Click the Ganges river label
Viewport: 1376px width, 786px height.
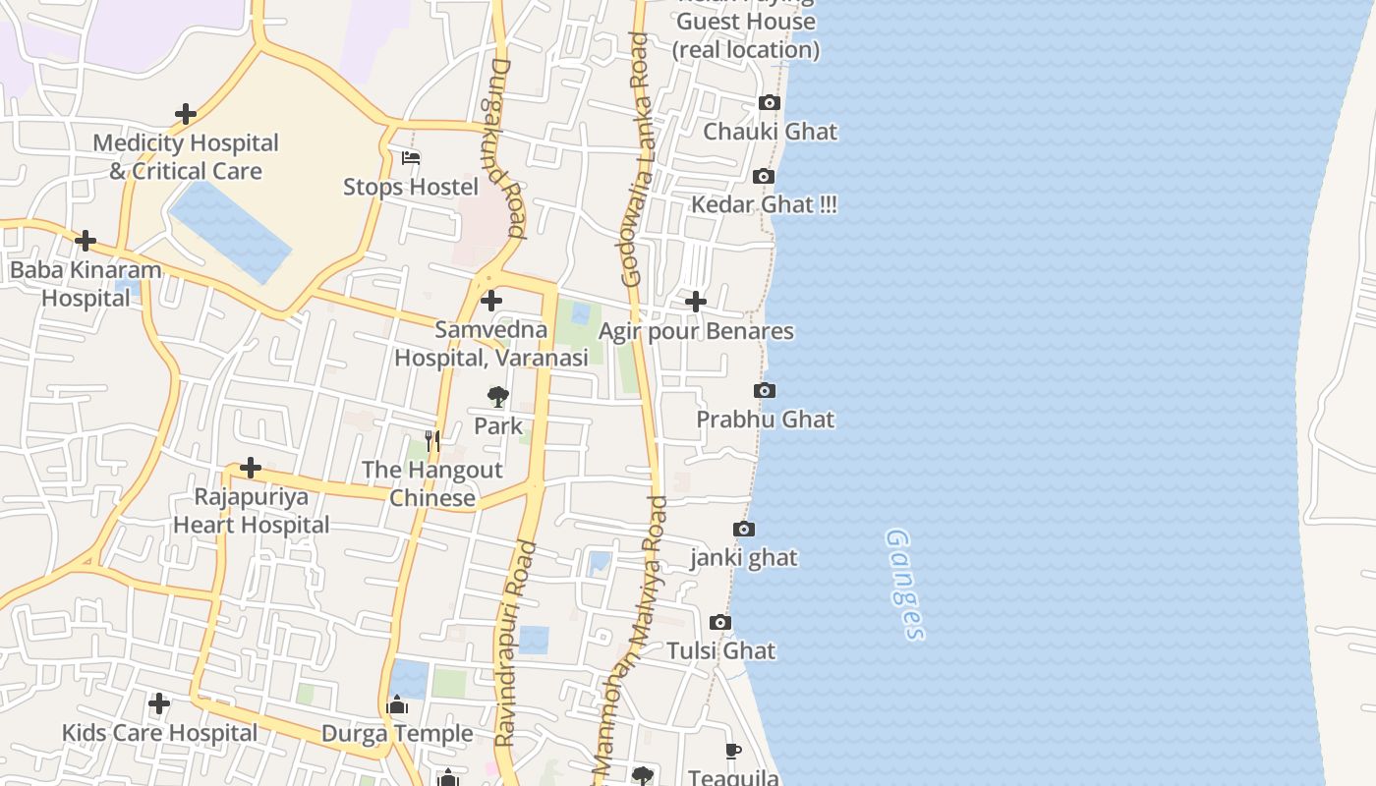point(905,585)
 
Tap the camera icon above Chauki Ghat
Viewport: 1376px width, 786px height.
point(770,103)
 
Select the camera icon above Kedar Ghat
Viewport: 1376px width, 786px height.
point(764,177)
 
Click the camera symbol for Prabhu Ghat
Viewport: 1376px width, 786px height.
point(765,391)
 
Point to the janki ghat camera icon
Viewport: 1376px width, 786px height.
point(744,530)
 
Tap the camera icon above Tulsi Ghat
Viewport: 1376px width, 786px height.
point(720,623)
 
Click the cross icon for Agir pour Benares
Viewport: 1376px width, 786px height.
point(696,302)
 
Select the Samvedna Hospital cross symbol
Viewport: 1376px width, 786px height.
point(491,301)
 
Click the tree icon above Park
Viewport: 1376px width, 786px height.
point(498,397)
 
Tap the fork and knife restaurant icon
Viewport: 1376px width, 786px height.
point(432,440)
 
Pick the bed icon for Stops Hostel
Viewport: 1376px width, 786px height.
point(411,158)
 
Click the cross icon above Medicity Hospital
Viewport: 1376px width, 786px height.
point(186,114)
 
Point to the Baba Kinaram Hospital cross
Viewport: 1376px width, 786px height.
point(86,241)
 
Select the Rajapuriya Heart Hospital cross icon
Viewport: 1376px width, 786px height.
point(251,468)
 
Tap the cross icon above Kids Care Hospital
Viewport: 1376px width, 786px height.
point(159,703)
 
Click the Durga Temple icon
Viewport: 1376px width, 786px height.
point(397,704)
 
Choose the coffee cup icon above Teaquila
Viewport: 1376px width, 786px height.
point(733,752)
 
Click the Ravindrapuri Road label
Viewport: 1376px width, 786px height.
point(516,644)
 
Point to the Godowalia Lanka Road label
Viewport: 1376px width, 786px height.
point(637,159)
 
